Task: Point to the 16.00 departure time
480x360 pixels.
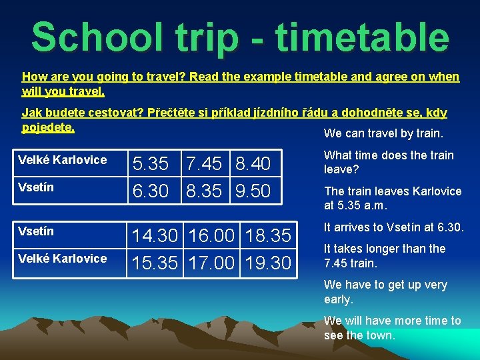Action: click(213, 236)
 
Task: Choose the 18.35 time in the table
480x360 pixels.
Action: click(269, 236)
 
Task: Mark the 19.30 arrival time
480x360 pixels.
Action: click(269, 263)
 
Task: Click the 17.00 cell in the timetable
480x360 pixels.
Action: click(213, 263)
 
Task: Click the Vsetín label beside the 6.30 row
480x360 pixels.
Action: click(36, 187)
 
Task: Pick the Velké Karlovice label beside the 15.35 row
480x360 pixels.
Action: click(62, 259)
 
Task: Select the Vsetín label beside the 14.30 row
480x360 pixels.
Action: click(36, 231)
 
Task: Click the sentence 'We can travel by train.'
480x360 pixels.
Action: click(383, 133)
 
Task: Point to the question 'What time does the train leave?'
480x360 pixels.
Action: click(389, 162)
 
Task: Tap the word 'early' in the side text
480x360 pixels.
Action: click(338, 299)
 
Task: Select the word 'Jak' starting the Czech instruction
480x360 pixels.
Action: click(31, 113)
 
